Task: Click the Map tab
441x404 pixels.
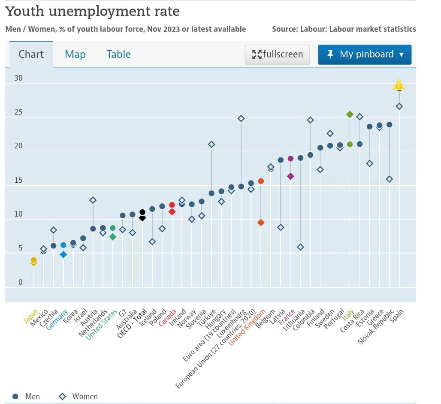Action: click(75, 54)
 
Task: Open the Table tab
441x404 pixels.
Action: click(118, 54)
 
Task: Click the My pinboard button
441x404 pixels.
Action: click(365, 54)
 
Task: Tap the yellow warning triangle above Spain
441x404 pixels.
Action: click(399, 85)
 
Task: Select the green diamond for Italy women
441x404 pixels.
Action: click(350, 114)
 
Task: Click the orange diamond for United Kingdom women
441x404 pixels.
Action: click(261, 223)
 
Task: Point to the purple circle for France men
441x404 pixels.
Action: click(290, 159)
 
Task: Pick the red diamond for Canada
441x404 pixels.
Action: click(172, 211)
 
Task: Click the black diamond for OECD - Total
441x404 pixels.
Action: click(142, 218)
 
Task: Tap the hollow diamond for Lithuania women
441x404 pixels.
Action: click(300, 247)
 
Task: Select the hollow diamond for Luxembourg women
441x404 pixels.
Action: click(241, 118)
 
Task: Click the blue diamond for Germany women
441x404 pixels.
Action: click(63, 254)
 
